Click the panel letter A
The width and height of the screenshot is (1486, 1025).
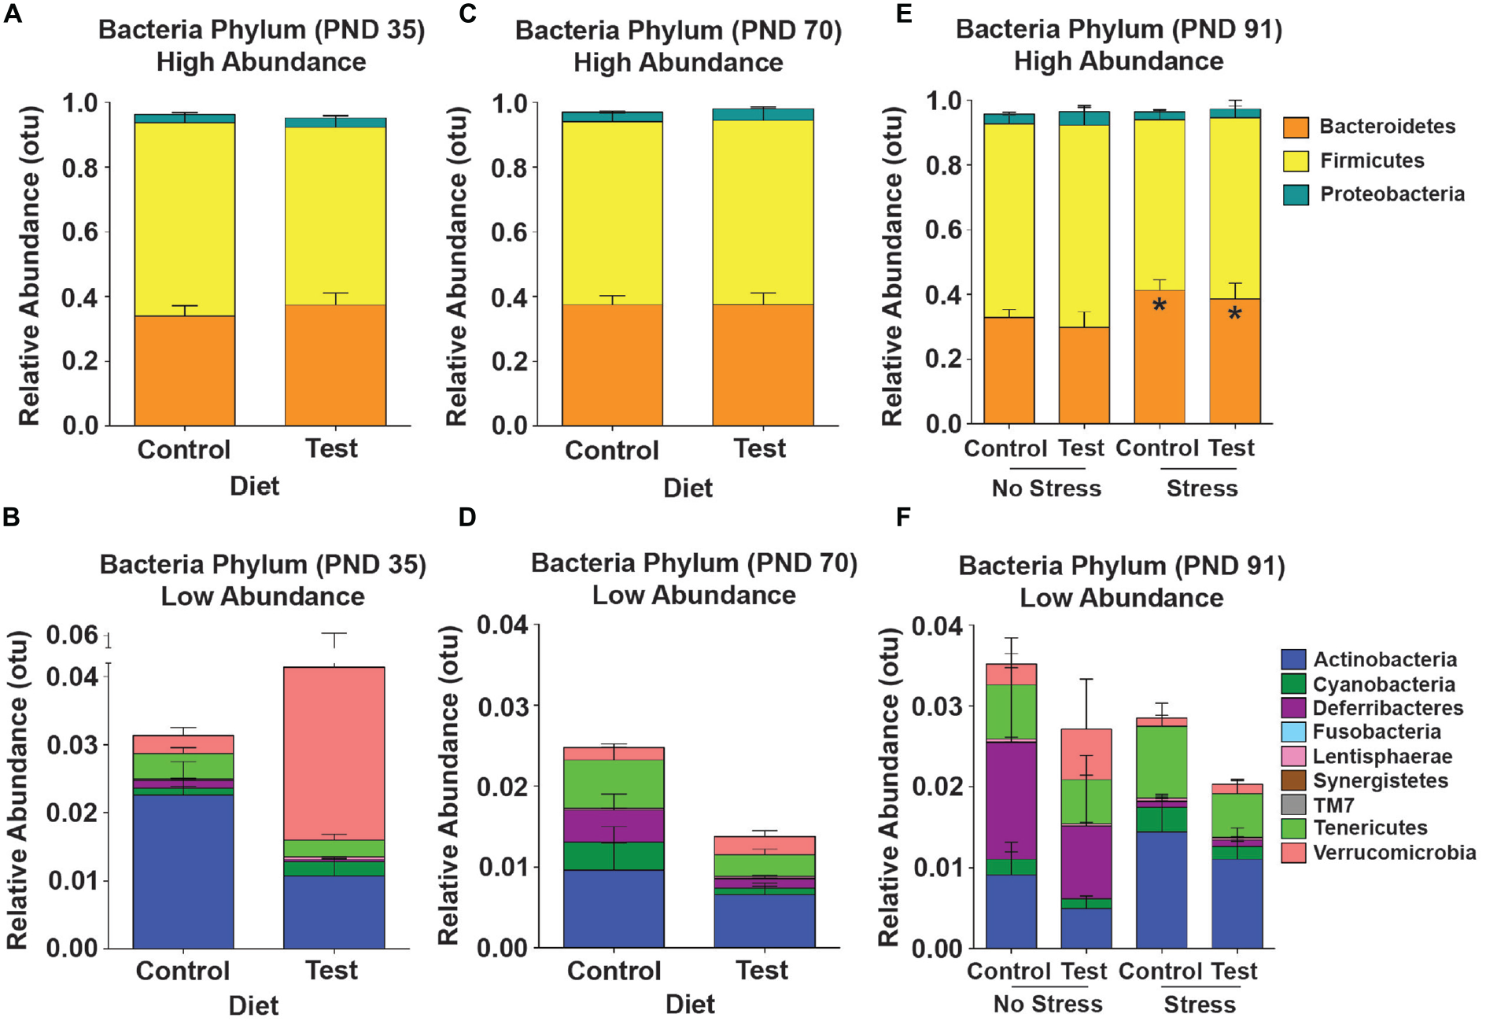(12, 13)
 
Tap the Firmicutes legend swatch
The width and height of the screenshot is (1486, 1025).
(1295, 160)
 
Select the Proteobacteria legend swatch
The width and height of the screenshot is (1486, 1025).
(1295, 194)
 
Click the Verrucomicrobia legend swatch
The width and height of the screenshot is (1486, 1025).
(1293, 853)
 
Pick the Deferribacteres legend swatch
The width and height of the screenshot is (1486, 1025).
(1293, 708)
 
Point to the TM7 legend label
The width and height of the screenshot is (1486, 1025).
(1333, 805)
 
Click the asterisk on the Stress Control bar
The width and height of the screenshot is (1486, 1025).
(1159, 306)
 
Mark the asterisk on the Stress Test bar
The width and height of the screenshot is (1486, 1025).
(1234, 315)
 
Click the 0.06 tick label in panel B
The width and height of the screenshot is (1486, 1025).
(72, 635)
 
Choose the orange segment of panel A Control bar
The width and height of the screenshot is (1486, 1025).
(184, 371)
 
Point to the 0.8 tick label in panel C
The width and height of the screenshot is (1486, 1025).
(509, 168)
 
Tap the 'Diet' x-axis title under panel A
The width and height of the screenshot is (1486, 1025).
(254, 486)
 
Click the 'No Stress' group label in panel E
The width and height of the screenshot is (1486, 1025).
(1046, 489)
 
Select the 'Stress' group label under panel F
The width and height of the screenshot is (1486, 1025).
(1200, 1005)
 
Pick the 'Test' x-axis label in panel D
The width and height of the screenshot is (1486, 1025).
(761, 971)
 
